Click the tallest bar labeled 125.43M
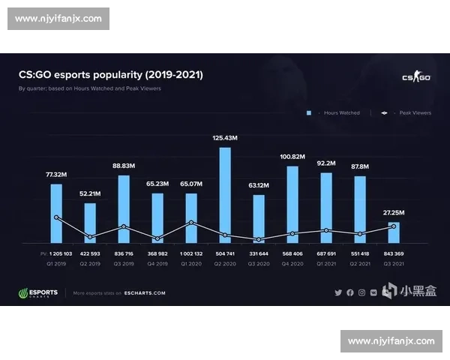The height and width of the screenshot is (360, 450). coord(225,195)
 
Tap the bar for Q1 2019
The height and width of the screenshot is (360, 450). coord(56,214)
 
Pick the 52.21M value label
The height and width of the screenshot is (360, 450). coord(90,193)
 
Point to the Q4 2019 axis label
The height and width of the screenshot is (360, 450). coord(157,265)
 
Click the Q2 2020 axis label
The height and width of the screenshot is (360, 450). coord(225,265)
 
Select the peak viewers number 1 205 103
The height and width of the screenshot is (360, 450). coord(56,254)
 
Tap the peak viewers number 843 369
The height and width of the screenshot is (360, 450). coord(394,254)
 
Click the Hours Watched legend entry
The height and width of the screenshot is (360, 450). coord(337,112)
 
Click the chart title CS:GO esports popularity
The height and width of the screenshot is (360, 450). coord(110,75)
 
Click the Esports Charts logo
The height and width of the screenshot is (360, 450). coord(37,292)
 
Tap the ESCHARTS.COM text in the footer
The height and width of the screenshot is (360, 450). coord(145,293)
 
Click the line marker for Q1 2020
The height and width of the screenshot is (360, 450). coord(191,222)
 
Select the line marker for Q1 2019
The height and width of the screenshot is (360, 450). coord(56,217)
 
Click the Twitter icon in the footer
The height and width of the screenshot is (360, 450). coord(338,292)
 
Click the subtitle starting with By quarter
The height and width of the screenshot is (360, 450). coord(89,88)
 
